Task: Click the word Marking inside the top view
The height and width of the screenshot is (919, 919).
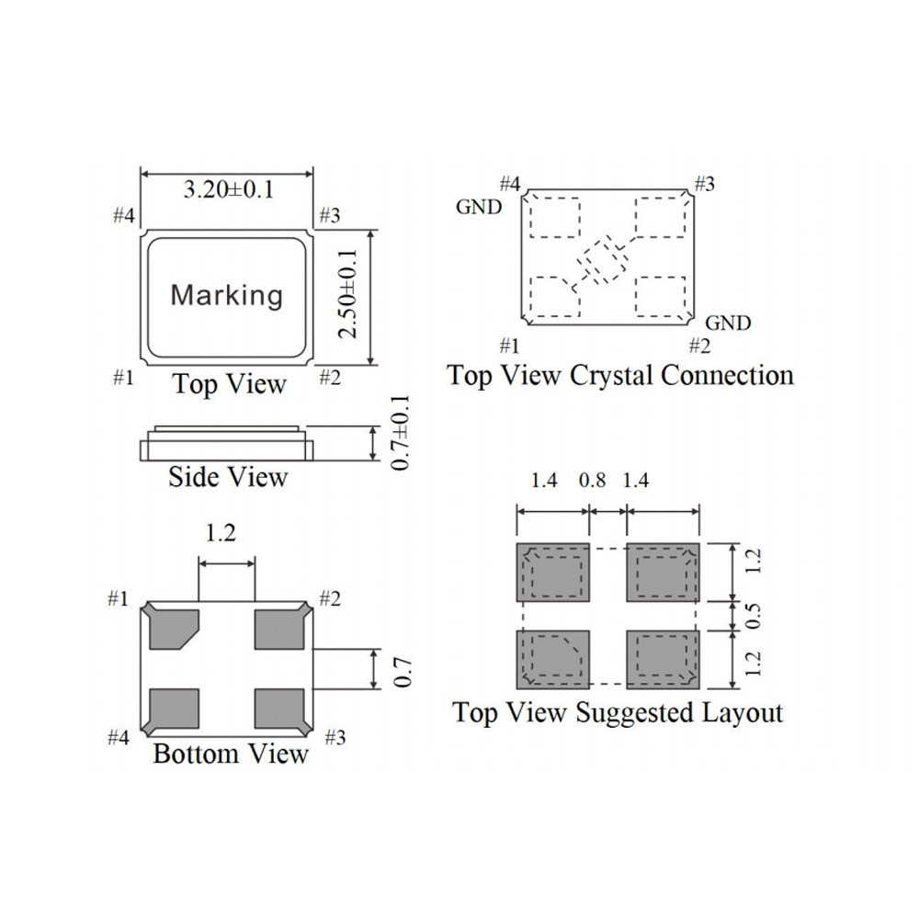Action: tap(227, 295)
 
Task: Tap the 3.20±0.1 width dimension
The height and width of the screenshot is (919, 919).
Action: tap(229, 190)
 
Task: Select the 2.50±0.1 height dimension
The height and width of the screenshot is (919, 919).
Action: tap(347, 294)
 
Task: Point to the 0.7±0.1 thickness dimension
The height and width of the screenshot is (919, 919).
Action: tap(401, 433)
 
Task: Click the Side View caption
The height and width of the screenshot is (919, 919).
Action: tap(228, 476)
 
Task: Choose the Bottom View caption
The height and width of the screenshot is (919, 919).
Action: tap(231, 754)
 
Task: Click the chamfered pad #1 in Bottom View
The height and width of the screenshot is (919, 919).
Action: tap(174, 630)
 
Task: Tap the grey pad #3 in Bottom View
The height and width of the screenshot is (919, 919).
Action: tap(279, 709)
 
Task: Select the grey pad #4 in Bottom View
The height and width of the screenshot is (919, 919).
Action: tap(174, 709)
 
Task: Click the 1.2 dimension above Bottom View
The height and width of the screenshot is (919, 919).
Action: tap(221, 533)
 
